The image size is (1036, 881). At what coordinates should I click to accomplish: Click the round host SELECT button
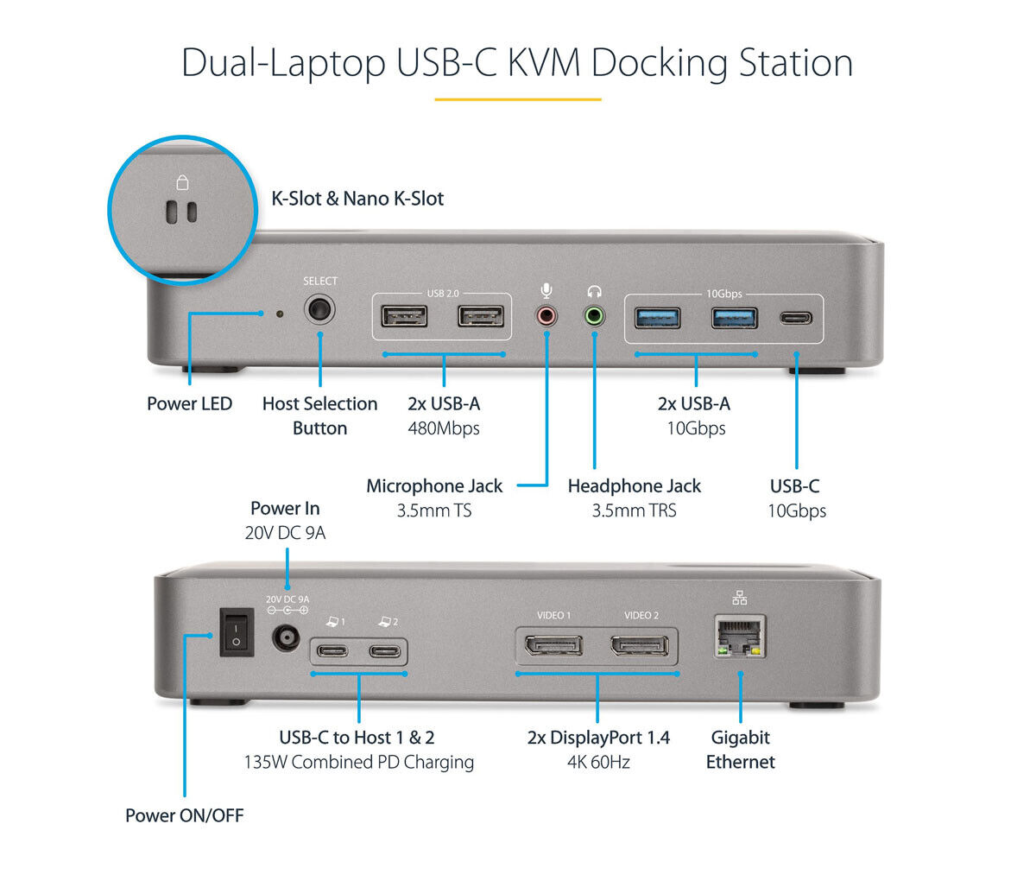pos(319,310)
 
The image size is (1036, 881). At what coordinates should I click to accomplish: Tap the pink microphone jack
pos(546,316)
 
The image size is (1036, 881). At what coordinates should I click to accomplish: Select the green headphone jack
pos(594,316)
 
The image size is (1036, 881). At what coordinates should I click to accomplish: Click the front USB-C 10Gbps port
pos(795,318)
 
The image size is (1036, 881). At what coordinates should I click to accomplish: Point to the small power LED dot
pos(278,313)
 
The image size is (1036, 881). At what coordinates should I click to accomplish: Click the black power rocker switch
pos(236,631)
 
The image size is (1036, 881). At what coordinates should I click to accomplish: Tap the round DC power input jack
pos(287,638)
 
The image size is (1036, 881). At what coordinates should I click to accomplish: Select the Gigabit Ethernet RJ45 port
pos(740,637)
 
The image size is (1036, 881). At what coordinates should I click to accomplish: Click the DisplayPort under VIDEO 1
pos(553,645)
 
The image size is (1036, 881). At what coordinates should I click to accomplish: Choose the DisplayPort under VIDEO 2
pos(640,645)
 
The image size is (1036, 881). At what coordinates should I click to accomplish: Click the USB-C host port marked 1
pos(333,650)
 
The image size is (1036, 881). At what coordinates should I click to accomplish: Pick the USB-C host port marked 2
pos(385,650)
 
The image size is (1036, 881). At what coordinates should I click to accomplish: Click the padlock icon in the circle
pos(181,182)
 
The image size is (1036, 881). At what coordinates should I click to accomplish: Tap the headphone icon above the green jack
pos(594,292)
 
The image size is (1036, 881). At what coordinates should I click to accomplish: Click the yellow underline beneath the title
pos(517,99)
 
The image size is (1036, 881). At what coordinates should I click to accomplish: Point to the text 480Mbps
pos(444,428)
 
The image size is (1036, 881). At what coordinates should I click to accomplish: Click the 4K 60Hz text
pos(598,762)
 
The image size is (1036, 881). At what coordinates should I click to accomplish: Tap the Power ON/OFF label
pos(184,815)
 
